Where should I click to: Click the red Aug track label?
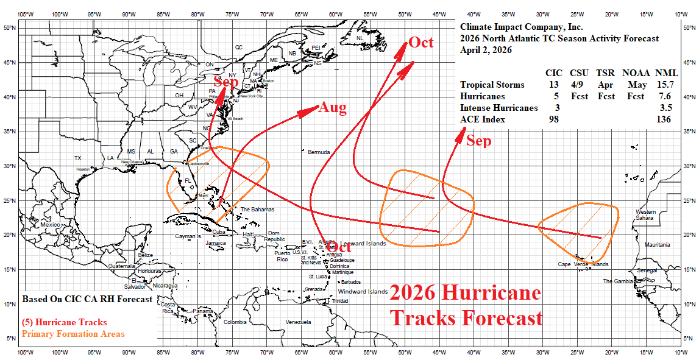point(333,108)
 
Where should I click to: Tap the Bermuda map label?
point(319,152)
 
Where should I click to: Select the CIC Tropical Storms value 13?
point(553,85)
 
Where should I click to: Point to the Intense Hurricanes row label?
point(499,108)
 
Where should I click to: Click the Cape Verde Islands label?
point(583,264)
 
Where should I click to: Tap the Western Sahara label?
point(645,214)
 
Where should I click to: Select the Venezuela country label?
point(298,322)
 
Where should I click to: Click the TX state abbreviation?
point(77,158)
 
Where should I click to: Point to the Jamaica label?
point(216,243)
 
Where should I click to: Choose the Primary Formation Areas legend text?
point(73,334)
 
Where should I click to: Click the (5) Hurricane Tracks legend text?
point(64,322)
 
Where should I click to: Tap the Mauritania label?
point(657,244)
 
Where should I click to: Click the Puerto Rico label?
point(282,256)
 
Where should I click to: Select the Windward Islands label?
point(363,292)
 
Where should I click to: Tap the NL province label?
point(360,38)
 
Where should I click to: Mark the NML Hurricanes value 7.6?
point(665,96)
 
